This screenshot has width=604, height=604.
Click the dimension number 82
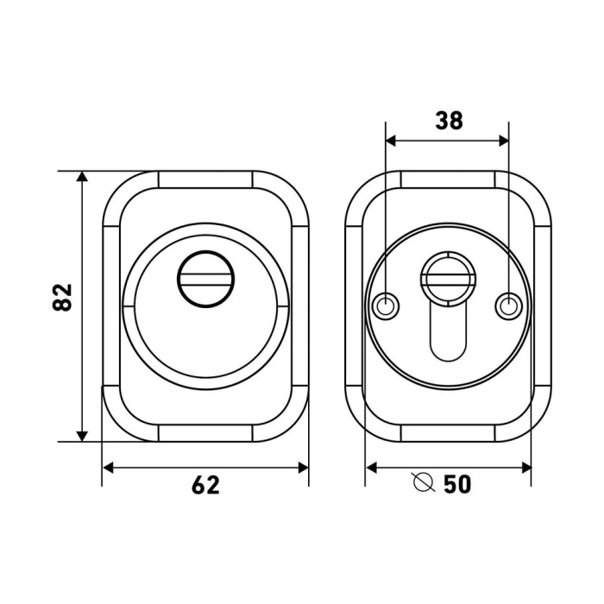pyautogui.click(x=62, y=297)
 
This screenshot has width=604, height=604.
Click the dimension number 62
pyautogui.click(x=205, y=485)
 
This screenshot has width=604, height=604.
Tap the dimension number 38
pyautogui.click(x=450, y=120)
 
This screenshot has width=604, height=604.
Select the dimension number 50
pyautogui.click(x=457, y=484)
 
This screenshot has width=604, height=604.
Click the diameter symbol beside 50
pyautogui.click(x=425, y=481)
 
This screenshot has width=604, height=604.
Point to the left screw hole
pyautogui.click(x=386, y=307)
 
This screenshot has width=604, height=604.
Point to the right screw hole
pyautogui.click(x=508, y=307)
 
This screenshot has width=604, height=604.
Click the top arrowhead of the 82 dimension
pyautogui.click(x=82, y=176)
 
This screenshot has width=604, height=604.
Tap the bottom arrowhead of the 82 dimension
pyautogui.click(x=82, y=436)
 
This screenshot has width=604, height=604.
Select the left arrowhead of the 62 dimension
pyautogui.click(x=108, y=468)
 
